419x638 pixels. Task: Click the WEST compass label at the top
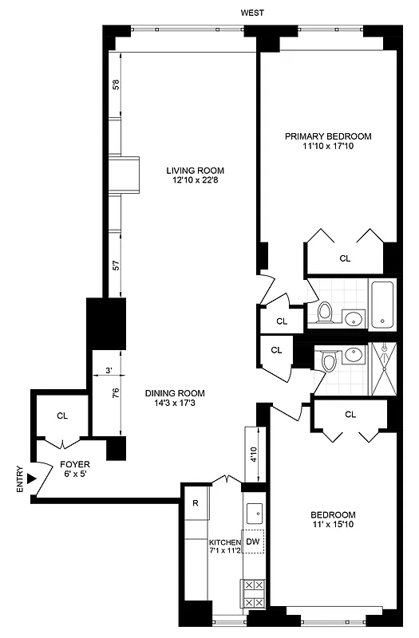pos(253,12)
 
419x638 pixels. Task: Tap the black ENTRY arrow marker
pos(31,478)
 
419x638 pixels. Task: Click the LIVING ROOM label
pos(195,170)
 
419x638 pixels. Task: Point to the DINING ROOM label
pos(175,393)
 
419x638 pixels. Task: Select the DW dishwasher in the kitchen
pos(253,542)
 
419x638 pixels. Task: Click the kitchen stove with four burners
pos(253,594)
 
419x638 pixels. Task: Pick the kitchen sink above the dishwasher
pos(254,511)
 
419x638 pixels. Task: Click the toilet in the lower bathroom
pos(329,364)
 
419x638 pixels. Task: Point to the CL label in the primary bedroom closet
pos(345,258)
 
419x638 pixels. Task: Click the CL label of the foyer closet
pos(62,415)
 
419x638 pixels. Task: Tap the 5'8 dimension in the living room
pos(116,84)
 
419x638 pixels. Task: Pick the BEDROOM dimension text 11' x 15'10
pos(333,526)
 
